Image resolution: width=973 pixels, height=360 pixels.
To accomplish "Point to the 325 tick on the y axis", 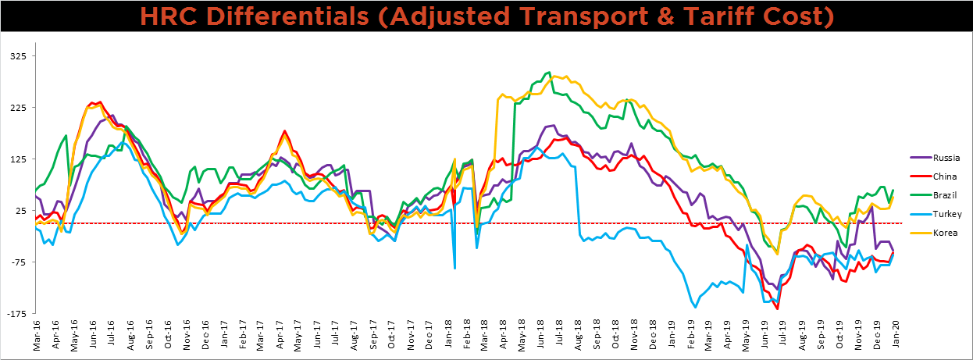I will click(19, 56).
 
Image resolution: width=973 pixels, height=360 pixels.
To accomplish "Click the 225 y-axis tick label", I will click(19, 108).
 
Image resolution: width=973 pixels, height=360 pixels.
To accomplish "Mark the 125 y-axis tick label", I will click(19, 159).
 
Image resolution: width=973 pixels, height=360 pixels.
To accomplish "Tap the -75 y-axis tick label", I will click(19, 262).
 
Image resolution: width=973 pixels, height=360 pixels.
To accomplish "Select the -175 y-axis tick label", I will click(17, 314).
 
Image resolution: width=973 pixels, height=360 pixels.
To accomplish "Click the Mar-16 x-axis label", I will click(36, 334).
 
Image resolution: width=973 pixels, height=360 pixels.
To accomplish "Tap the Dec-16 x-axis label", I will click(205, 334).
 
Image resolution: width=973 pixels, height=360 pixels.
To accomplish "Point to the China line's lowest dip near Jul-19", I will click(778, 309).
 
